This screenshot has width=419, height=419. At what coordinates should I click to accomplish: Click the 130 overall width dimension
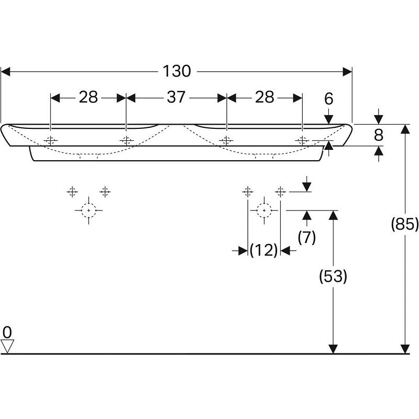pyautogui.click(x=177, y=71)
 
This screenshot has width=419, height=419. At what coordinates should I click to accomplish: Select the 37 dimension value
pyautogui.click(x=176, y=97)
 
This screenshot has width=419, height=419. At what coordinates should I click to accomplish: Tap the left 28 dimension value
pyautogui.click(x=88, y=97)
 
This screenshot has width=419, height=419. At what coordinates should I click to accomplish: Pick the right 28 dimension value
pyautogui.click(x=264, y=97)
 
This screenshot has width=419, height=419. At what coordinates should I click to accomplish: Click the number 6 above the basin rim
pyautogui.click(x=329, y=99)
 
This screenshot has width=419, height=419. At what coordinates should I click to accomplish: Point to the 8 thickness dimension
pyautogui.click(x=378, y=135)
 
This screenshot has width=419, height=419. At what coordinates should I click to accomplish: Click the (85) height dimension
pyautogui.click(x=404, y=224)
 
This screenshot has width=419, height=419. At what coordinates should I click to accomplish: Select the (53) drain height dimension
pyautogui.click(x=333, y=276)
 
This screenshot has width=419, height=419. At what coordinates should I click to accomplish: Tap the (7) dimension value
pyautogui.click(x=307, y=237)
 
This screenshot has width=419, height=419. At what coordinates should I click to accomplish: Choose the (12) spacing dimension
pyautogui.click(x=264, y=250)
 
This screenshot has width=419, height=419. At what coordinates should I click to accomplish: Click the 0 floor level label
pyautogui.click(x=7, y=333)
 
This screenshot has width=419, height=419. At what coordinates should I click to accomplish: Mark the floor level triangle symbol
pyautogui.click(x=7, y=346)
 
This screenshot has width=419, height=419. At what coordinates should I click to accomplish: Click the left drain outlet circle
pyautogui.click(x=89, y=211)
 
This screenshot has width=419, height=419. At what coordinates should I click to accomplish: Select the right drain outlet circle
pyautogui.click(x=264, y=211)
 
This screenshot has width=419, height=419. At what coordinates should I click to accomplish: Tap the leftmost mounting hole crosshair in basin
pyautogui.click(x=50, y=140)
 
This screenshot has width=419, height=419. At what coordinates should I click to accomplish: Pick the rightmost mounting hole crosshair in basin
pyautogui.click(x=302, y=140)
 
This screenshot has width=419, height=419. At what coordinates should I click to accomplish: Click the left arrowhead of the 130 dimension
pyautogui.click(x=5, y=72)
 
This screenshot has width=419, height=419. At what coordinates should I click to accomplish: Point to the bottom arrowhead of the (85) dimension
pyautogui.click(x=405, y=349)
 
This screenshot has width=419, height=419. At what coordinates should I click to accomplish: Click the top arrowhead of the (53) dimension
pyautogui.click(x=333, y=215)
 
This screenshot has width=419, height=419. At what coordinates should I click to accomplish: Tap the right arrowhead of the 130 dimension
pyautogui.click(x=347, y=72)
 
